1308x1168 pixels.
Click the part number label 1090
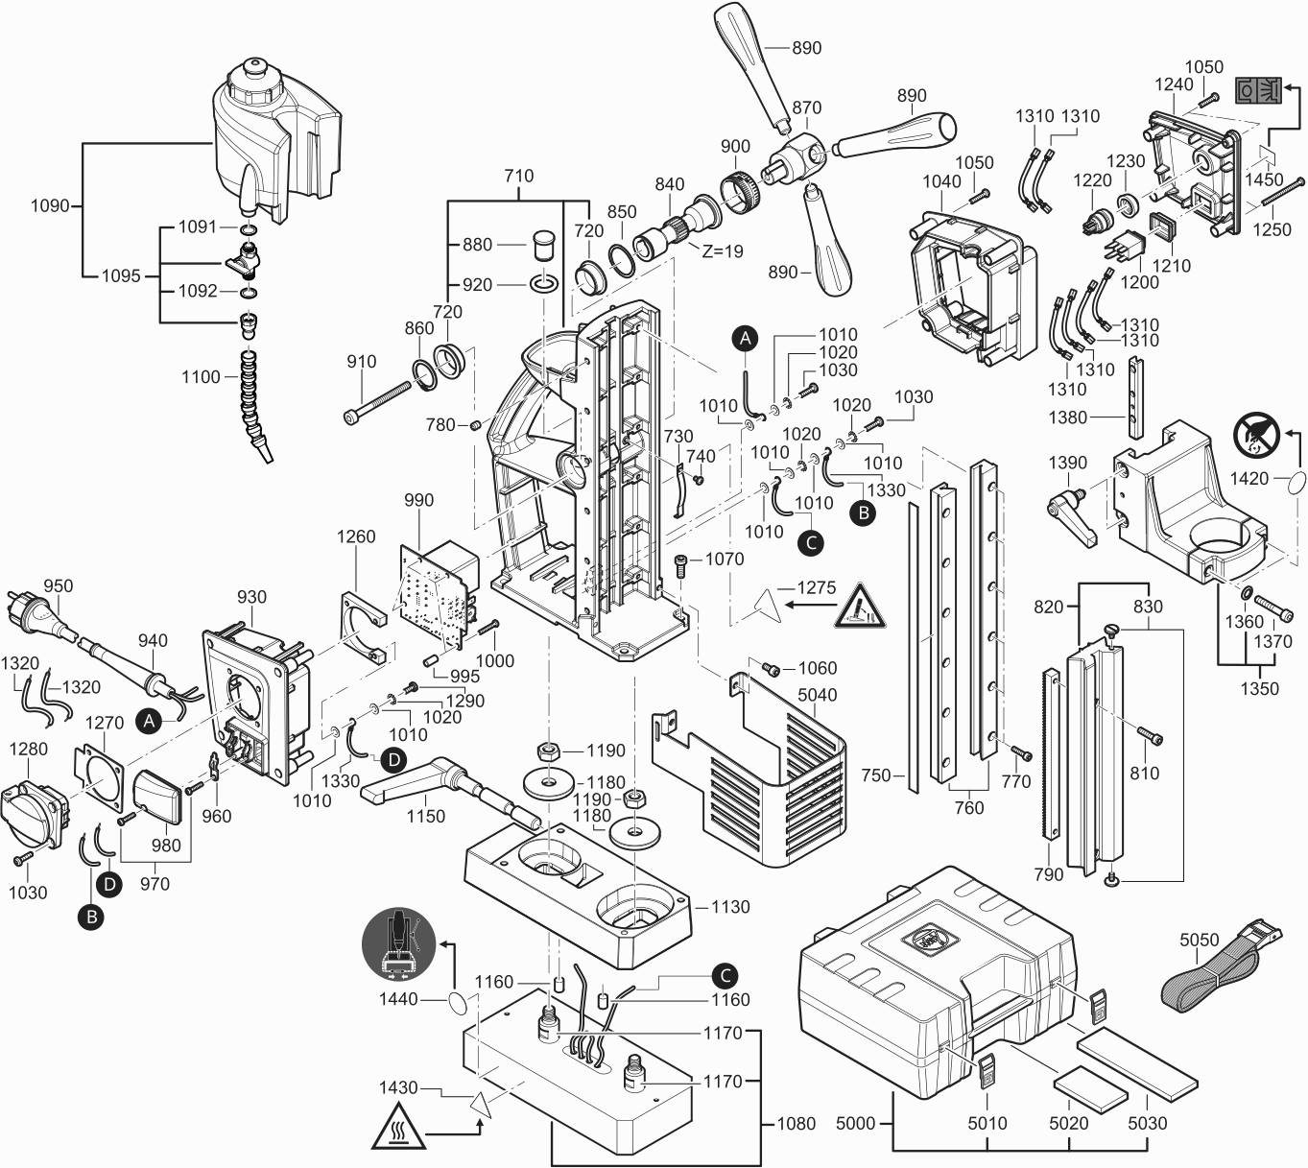(50, 205)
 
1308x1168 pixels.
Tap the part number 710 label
(518, 177)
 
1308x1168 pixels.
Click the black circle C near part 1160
(725, 975)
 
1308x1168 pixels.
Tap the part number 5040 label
(817, 695)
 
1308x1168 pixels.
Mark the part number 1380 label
(1068, 417)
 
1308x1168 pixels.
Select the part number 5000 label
(855, 1123)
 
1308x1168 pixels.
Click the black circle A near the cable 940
(148, 720)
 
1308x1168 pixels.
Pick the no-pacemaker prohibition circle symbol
(1256, 434)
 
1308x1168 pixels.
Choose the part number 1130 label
(730, 907)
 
